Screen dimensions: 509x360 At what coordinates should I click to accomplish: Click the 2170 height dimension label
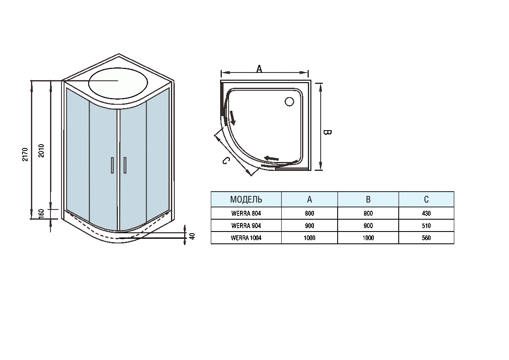pyautogui.click(x=25, y=154)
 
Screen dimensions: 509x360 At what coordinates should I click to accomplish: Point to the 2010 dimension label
pyautogui.click(x=41, y=151)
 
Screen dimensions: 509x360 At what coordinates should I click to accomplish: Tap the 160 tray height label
pyautogui.click(x=41, y=214)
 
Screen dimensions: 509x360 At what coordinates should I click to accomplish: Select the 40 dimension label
pyautogui.click(x=192, y=236)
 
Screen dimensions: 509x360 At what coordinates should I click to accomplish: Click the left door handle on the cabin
pyautogui.click(x=112, y=165)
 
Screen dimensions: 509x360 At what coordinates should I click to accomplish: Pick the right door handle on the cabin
pyautogui.click(x=125, y=165)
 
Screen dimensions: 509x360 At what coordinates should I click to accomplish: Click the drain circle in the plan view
pyautogui.click(x=289, y=101)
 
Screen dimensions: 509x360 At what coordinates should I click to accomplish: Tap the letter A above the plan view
pyautogui.click(x=259, y=69)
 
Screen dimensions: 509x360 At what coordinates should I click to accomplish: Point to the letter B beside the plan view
pyautogui.click(x=327, y=132)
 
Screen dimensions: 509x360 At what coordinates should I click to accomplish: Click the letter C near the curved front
pyautogui.click(x=226, y=161)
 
